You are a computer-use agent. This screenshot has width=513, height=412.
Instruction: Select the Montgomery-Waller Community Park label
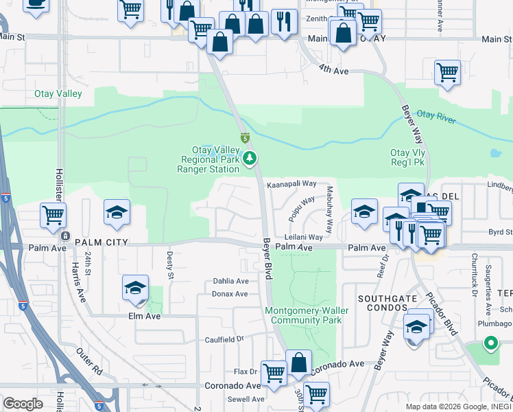click(x=307, y=315)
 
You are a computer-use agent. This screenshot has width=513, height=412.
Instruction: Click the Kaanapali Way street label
click(x=291, y=184)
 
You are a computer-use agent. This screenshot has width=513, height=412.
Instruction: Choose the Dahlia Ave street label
click(x=230, y=281)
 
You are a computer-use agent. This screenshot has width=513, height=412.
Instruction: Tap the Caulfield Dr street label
click(x=224, y=339)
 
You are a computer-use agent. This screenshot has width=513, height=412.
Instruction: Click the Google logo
click(x=23, y=403)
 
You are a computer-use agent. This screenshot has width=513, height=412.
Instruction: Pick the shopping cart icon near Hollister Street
click(x=53, y=214)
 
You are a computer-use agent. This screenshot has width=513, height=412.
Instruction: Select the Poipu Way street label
click(x=301, y=209)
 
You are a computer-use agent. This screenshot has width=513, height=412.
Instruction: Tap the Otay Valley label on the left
click(x=58, y=93)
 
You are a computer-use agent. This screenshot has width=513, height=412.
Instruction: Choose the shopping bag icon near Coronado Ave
click(x=299, y=362)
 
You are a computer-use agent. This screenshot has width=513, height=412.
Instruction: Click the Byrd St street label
click(x=500, y=233)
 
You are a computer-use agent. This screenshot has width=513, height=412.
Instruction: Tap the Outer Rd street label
click(x=88, y=361)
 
